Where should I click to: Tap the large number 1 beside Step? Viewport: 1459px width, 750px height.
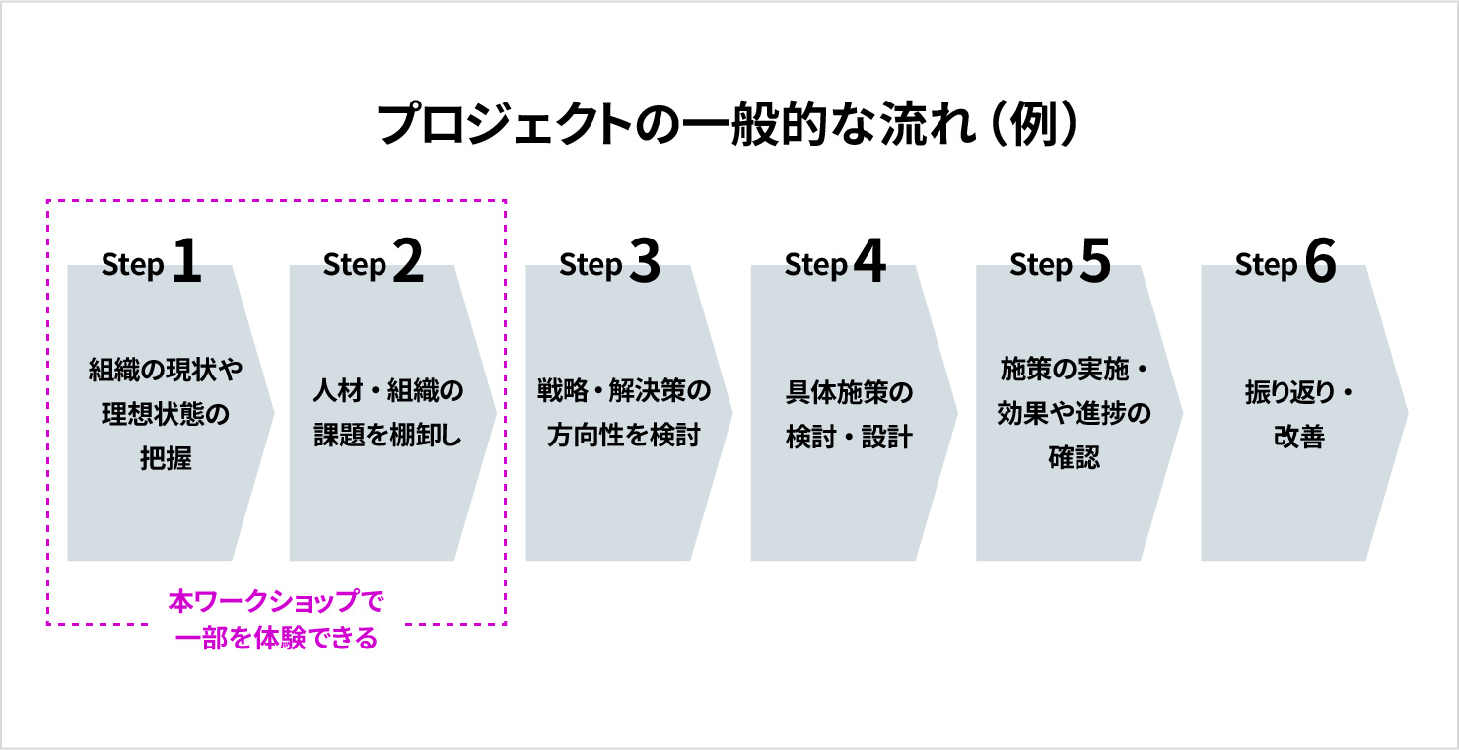[x=186, y=262]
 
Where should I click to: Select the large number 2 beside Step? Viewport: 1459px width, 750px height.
[x=407, y=262]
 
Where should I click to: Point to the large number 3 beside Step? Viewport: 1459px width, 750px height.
[x=643, y=262]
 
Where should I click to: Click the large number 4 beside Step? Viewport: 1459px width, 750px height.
[x=868, y=262]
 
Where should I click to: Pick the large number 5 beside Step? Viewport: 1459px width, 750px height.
[x=1094, y=262]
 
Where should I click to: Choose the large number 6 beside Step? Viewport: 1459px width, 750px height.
[x=1319, y=262]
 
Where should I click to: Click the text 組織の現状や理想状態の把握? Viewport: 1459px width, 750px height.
[x=166, y=414]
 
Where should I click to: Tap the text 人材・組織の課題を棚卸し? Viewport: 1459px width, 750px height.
[x=387, y=414]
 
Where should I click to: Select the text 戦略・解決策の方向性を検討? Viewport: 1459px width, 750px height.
[x=624, y=414]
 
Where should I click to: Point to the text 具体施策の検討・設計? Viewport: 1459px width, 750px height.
[x=849, y=414]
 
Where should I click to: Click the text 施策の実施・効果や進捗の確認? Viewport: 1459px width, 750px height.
[x=1074, y=414]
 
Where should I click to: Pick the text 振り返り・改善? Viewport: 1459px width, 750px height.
[x=1299, y=414]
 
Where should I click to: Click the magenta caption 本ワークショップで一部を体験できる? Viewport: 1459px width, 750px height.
[x=276, y=620]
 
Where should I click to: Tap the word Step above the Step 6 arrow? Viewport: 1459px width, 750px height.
[x=1265, y=266]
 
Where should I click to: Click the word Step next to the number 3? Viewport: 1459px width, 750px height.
[x=590, y=266]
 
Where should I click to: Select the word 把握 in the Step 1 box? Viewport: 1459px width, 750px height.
[x=166, y=459]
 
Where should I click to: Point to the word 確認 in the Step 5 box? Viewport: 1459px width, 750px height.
[x=1074, y=459]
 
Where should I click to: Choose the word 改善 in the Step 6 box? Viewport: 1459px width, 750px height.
[x=1299, y=437]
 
